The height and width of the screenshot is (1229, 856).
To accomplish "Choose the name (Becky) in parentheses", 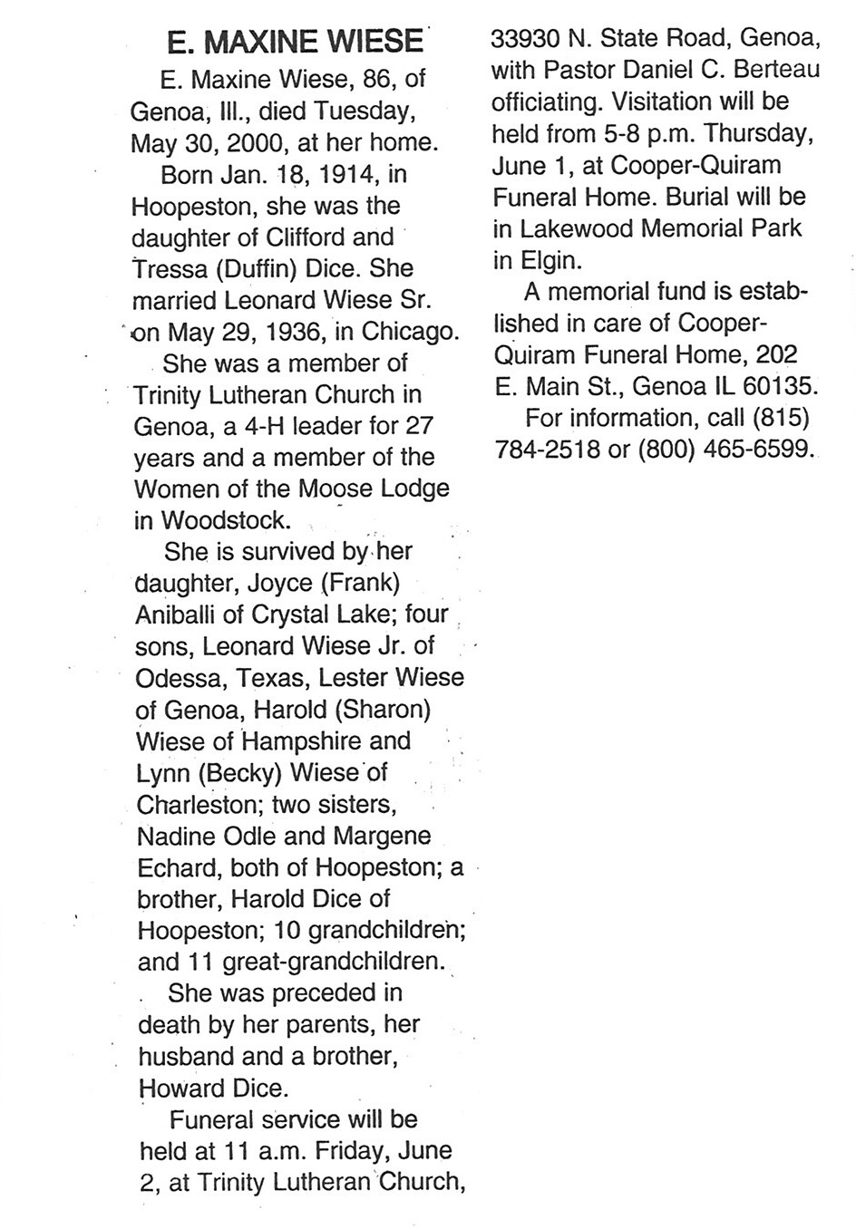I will (239, 772).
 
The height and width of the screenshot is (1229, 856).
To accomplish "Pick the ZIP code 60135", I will (779, 386).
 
